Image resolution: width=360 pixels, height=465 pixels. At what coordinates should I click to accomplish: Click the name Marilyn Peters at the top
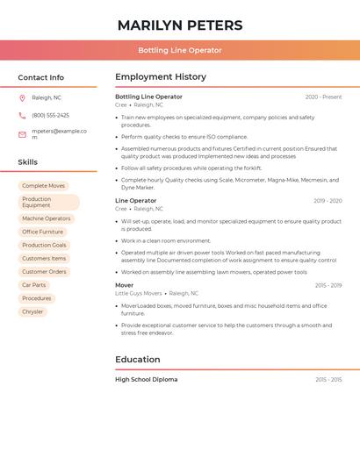click(x=180, y=25)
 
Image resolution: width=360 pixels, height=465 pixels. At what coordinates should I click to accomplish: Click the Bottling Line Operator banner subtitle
click(x=180, y=51)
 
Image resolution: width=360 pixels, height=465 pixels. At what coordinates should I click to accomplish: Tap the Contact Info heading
click(x=40, y=77)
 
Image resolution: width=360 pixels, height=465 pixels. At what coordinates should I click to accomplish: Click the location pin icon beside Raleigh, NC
click(x=22, y=98)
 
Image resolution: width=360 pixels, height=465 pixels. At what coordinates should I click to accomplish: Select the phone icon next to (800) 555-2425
click(x=22, y=115)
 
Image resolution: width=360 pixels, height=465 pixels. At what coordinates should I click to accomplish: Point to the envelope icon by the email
click(x=22, y=134)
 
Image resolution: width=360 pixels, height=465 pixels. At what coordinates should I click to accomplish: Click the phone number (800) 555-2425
click(x=50, y=115)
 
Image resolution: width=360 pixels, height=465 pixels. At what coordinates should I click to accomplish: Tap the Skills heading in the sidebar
click(x=28, y=162)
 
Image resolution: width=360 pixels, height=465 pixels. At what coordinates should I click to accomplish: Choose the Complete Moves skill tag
click(x=44, y=186)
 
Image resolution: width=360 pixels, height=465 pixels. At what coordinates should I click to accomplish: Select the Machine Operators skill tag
click(x=47, y=218)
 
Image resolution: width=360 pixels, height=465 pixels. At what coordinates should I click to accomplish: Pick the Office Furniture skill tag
click(x=43, y=232)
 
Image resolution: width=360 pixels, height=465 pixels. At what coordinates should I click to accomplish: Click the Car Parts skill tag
click(x=34, y=285)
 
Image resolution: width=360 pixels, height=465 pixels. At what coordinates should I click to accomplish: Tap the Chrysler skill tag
click(x=32, y=311)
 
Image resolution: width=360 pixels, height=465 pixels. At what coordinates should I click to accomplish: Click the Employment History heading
click(x=161, y=77)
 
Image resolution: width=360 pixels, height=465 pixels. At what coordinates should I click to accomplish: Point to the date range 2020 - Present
click(x=323, y=97)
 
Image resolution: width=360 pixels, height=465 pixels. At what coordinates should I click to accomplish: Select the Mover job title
click(x=125, y=285)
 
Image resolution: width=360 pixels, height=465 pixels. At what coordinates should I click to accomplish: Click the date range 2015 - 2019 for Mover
click(x=328, y=285)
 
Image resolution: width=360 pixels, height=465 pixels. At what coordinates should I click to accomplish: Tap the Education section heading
click(x=138, y=360)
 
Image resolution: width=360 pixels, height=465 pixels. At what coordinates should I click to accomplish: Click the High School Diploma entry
click(x=147, y=380)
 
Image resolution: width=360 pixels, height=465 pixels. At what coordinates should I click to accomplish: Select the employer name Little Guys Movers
click(x=139, y=294)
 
